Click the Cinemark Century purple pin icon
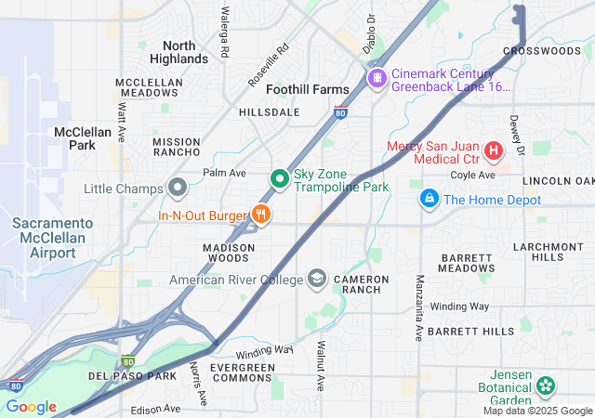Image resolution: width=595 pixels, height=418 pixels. click(377, 77)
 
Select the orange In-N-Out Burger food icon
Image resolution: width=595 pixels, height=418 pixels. click(260, 215)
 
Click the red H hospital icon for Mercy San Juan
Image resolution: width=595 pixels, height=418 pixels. click(494, 150)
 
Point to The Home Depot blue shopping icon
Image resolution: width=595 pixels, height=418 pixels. click(429, 199)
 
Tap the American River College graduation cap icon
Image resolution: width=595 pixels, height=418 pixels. click(317, 280)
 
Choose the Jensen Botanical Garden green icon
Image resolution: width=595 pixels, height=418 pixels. click(545, 385)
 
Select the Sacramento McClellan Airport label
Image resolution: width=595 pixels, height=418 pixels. click(52, 238)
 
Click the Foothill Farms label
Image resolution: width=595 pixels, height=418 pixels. click(307, 89)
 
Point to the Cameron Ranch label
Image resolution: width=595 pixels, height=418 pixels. click(357, 284)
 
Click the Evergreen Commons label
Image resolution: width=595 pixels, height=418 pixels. click(242, 373)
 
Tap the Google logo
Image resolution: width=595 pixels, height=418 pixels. click(31, 407)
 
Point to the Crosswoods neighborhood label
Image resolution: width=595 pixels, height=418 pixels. click(541, 51)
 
